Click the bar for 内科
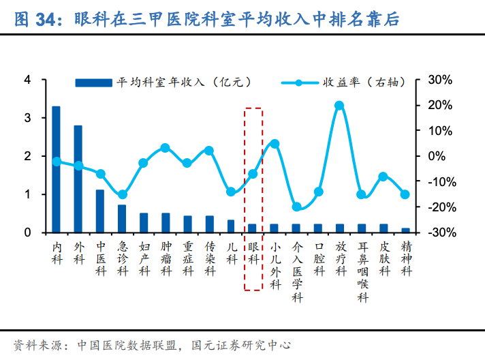[x=57, y=170]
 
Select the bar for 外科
[x=78, y=179]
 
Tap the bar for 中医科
[x=100, y=211]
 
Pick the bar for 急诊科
[x=122, y=219]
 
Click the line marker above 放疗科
[x=340, y=106]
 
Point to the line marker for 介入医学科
[x=296, y=207]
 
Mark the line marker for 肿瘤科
[x=166, y=148]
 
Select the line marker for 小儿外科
[x=275, y=143]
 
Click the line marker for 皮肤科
[x=384, y=177]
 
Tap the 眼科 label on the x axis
[x=253, y=254]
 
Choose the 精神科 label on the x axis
[x=405, y=254]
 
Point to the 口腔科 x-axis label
[x=318, y=260]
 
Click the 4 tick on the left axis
[x=28, y=80]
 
